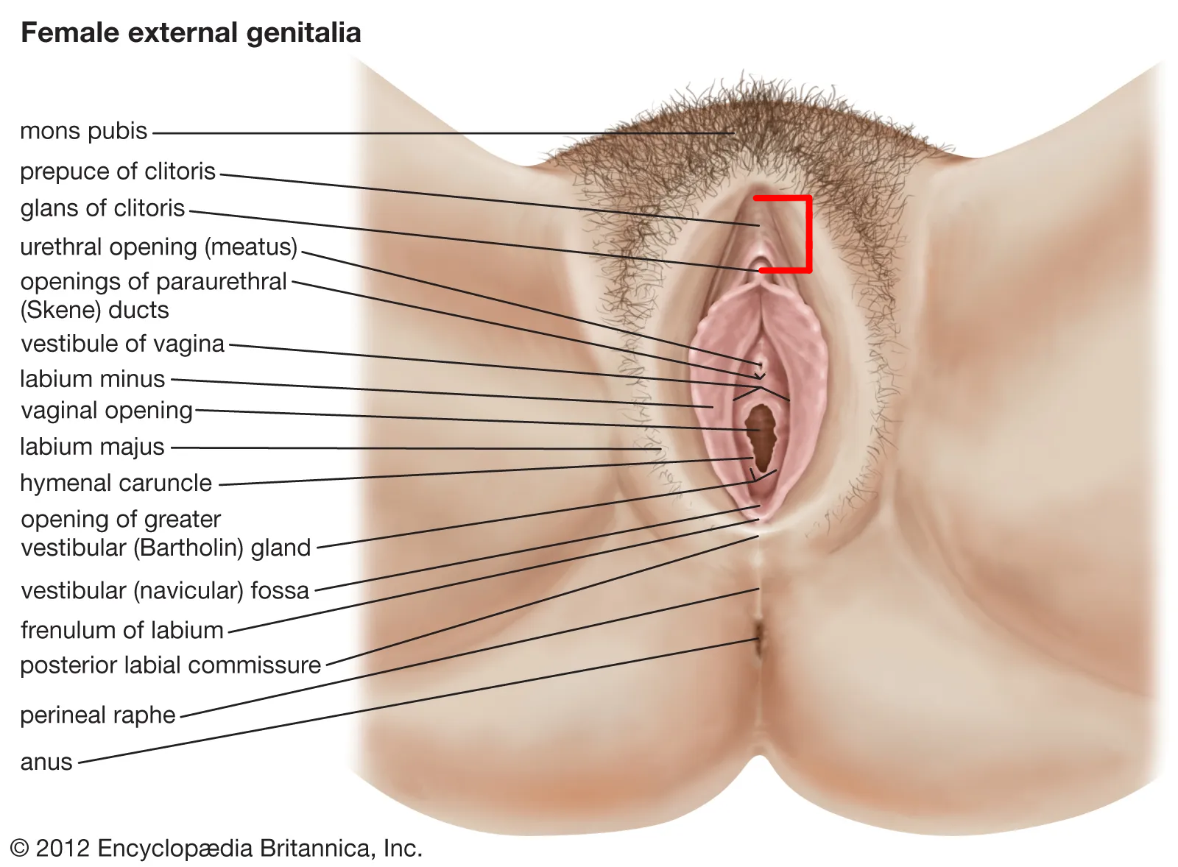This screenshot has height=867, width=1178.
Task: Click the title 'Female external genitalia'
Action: (191, 33)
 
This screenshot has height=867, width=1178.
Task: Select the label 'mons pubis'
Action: (83, 131)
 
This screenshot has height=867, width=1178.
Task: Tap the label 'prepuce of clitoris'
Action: (117, 171)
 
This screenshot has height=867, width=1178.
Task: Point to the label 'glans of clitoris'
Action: (102, 208)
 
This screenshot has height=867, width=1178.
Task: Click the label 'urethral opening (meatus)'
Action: (158, 247)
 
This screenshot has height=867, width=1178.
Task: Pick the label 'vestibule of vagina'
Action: (122, 344)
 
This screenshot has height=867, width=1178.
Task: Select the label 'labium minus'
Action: (92, 379)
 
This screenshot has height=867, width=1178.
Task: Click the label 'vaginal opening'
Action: (107, 411)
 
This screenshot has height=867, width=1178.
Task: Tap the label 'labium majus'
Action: (92, 447)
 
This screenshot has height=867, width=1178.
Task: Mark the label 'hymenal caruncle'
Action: (116, 484)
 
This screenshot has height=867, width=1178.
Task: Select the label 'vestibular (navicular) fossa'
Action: (164, 591)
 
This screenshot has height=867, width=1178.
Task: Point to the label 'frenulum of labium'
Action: (121, 631)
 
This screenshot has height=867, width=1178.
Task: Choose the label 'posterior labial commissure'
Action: (170, 665)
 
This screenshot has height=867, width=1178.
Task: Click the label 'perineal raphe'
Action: (97, 715)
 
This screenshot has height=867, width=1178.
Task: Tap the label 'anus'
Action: (46, 762)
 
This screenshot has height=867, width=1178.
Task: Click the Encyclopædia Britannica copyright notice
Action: (216, 849)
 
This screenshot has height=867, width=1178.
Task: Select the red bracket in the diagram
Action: (808, 234)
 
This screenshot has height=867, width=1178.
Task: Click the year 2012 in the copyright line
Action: (63, 849)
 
